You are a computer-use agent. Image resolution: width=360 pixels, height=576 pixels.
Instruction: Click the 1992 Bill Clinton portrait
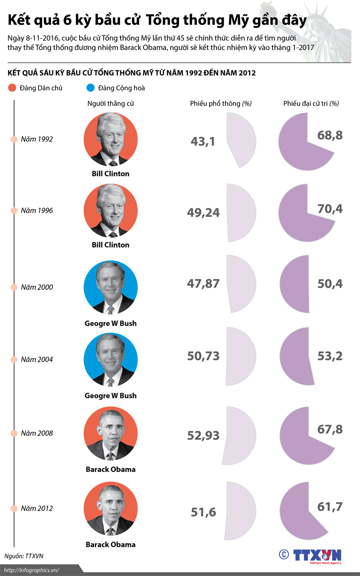click(x=110, y=139)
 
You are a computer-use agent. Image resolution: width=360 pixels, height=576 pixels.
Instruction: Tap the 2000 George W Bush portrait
click(x=110, y=287)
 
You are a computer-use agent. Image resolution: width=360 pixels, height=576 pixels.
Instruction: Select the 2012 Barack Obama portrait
click(x=110, y=509)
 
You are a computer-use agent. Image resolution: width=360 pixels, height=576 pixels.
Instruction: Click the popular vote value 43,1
click(x=202, y=142)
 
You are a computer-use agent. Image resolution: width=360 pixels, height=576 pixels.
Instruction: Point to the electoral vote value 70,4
click(x=330, y=209)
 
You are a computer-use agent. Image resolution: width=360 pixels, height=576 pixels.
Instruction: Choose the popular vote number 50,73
click(x=203, y=356)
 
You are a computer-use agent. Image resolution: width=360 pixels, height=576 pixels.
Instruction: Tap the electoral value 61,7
click(x=330, y=507)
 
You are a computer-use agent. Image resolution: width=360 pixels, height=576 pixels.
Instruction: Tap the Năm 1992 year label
click(x=36, y=139)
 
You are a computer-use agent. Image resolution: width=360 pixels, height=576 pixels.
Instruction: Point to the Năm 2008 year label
click(x=36, y=433)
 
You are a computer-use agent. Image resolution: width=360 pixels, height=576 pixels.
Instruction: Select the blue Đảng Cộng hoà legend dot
click(x=90, y=88)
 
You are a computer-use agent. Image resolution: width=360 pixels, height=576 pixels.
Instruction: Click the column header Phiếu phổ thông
click(x=220, y=104)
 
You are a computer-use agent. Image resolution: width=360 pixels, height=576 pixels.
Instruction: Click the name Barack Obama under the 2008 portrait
click(x=110, y=469)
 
